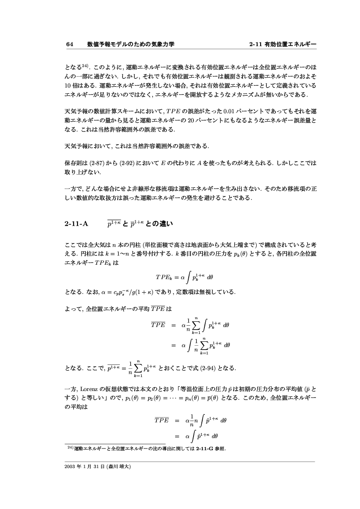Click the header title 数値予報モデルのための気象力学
pos(131,44)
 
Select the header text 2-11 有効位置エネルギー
pos(282,44)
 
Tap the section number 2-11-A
pos(76,224)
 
